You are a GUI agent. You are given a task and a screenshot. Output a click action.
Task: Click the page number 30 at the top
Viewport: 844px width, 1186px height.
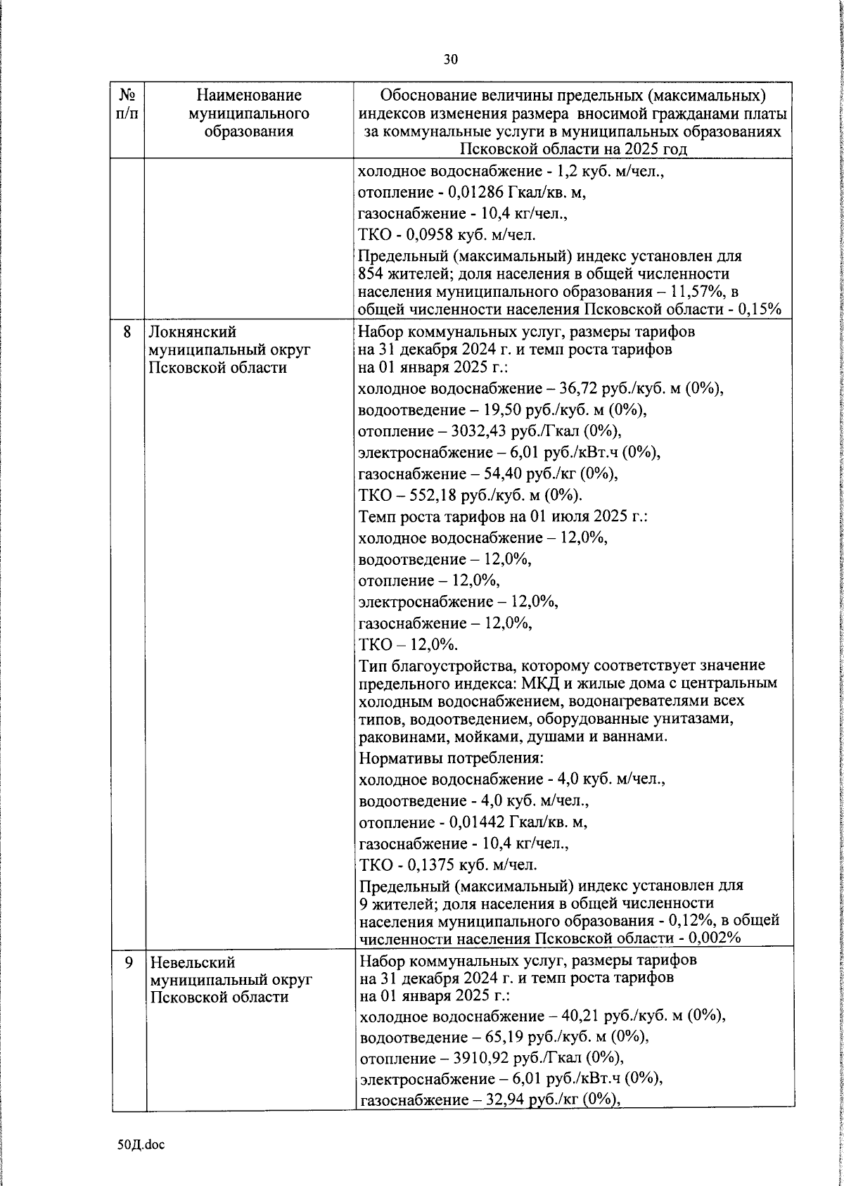(x=450, y=59)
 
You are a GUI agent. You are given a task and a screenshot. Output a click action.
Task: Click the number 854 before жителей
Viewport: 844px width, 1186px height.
(x=371, y=274)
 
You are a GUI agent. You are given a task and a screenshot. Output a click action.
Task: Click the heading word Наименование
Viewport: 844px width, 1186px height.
(x=249, y=95)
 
